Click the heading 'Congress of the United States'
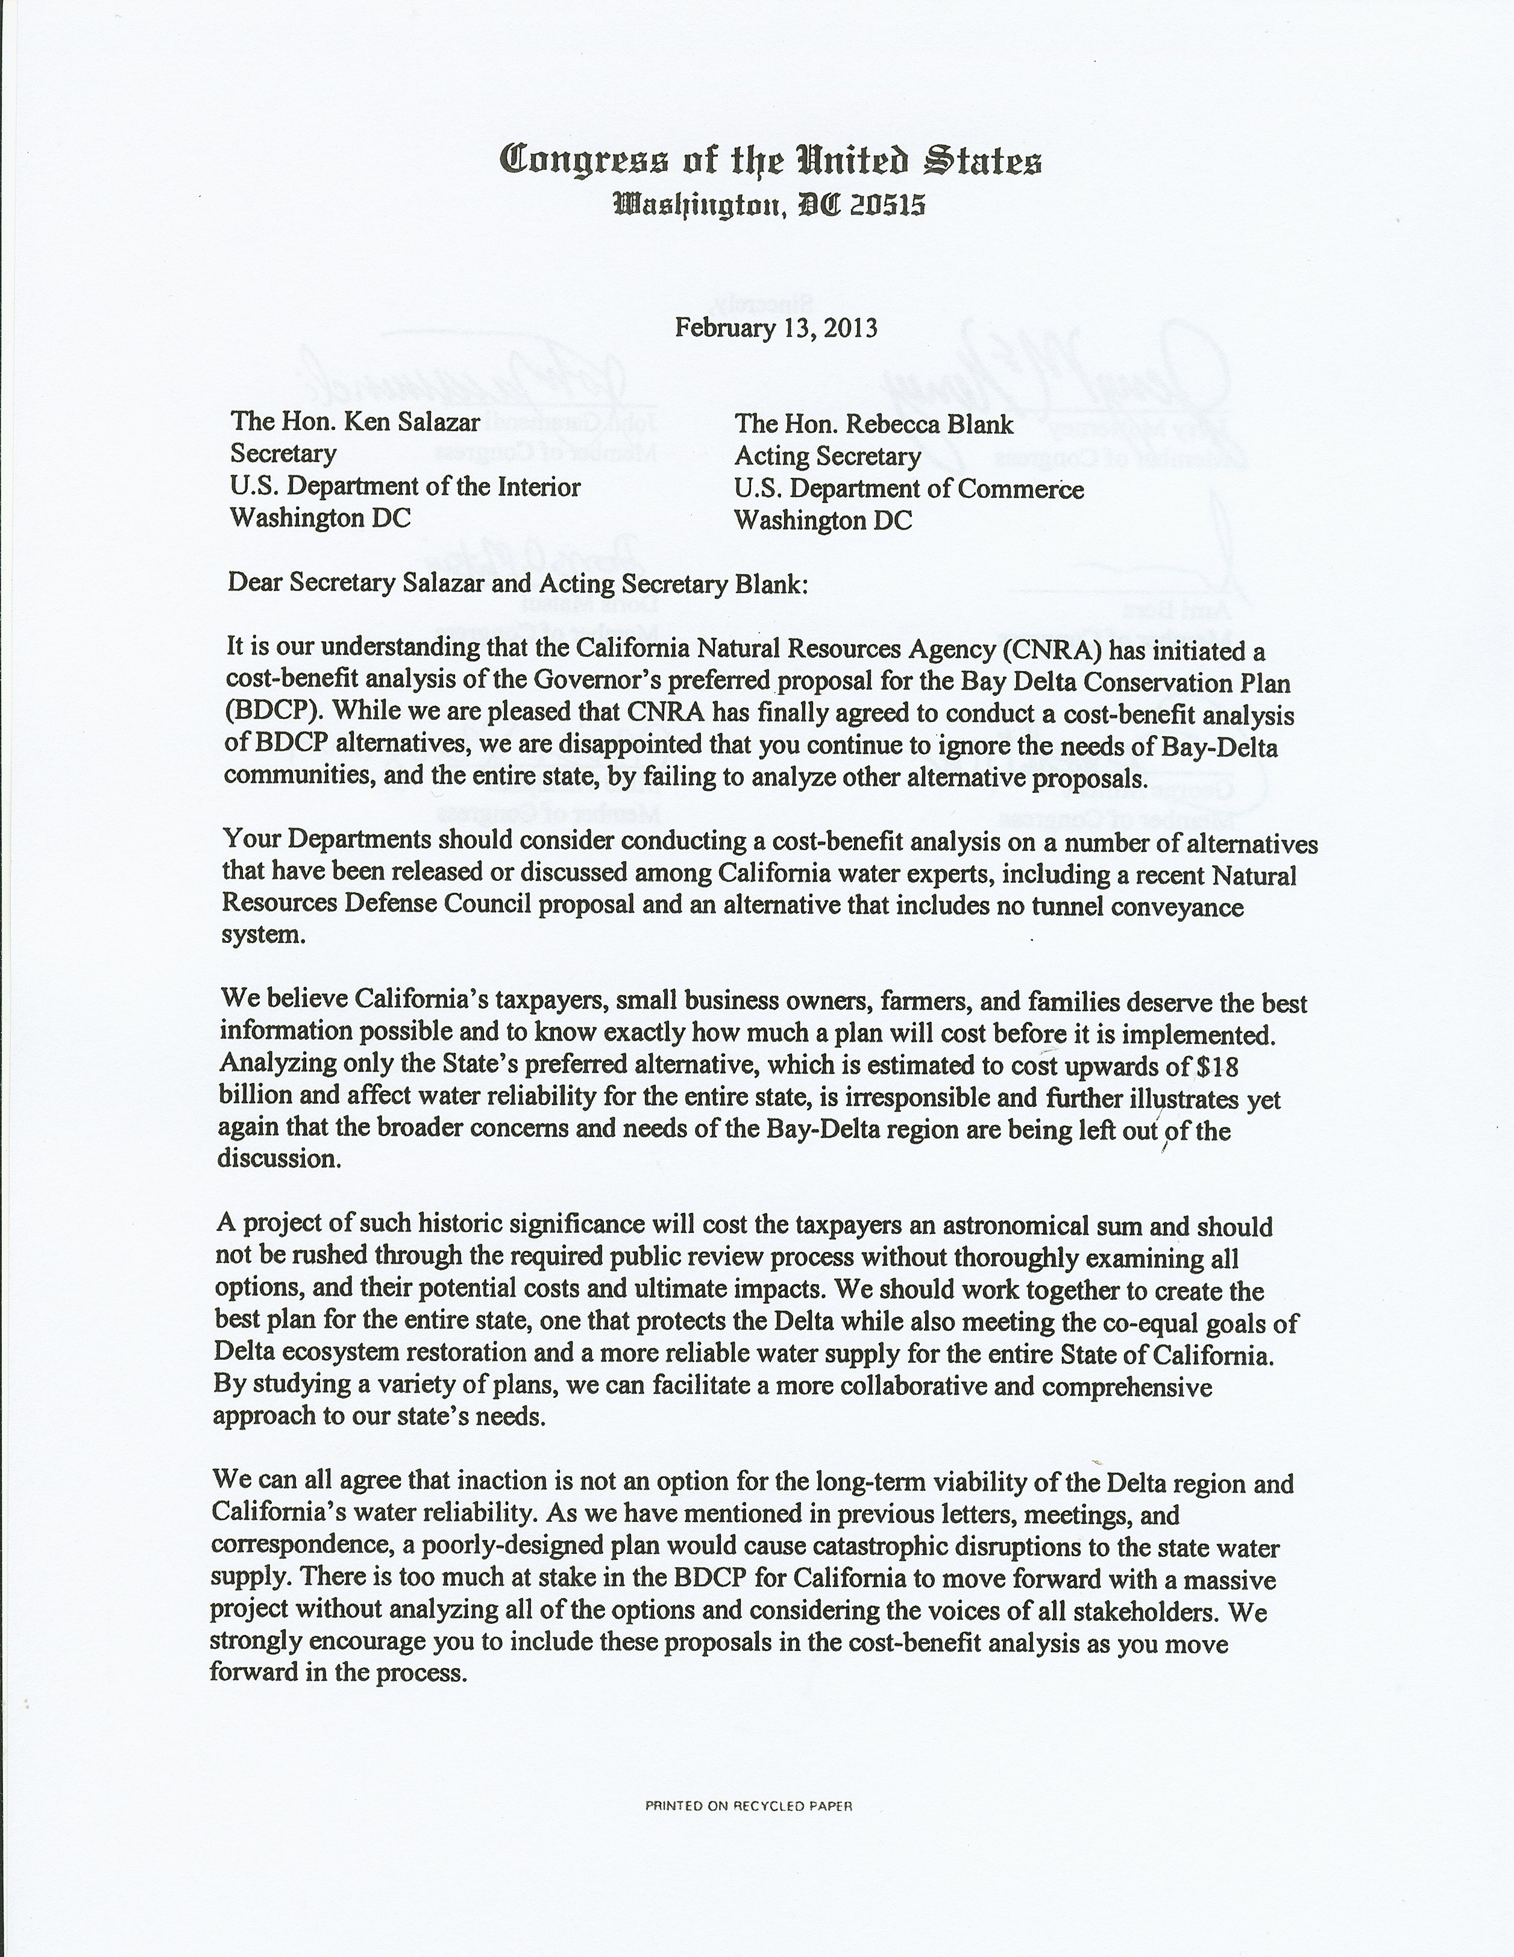(x=771, y=162)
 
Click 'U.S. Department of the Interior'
(x=405, y=487)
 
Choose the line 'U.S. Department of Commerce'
(x=909, y=489)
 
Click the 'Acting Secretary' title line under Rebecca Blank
(x=828, y=457)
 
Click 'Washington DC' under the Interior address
(x=320, y=518)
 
